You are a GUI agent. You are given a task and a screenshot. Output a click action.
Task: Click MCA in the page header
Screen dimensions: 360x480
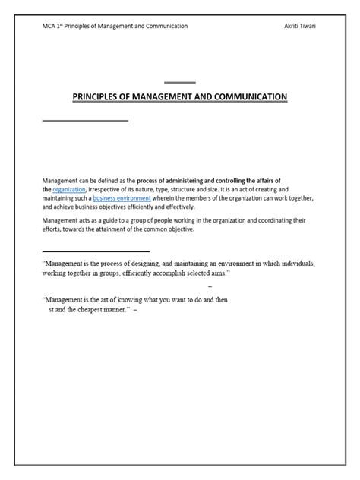pos(50,26)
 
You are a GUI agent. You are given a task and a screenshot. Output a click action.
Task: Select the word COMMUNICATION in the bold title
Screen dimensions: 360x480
pos(247,97)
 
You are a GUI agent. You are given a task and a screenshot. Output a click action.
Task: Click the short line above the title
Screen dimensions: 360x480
pos(179,82)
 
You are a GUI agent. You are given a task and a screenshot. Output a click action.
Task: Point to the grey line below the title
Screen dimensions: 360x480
pos(85,121)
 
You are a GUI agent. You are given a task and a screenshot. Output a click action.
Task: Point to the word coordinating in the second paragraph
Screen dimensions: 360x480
pos(264,221)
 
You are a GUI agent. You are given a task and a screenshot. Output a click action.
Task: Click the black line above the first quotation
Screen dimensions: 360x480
pos(96,251)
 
